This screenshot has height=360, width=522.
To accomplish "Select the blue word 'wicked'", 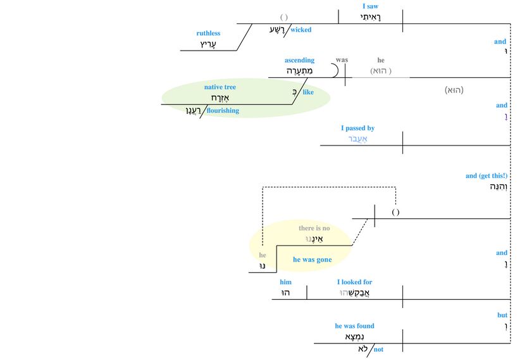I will [x=301, y=30].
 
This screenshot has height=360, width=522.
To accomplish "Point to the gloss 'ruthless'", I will [x=208, y=33].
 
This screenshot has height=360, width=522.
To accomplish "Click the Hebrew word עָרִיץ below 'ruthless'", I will [x=208, y=44].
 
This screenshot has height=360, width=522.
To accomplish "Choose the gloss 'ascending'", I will [x=299, y=60].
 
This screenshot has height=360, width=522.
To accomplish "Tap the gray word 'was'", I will [x=342, y=60].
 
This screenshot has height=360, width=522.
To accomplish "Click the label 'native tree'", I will [x=220, y=87].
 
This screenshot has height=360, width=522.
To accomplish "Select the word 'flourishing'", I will [x=223, y=111].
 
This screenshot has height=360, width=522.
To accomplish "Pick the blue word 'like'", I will [x=308, y=92].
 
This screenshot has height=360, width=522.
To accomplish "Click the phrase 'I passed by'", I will [x=357, y=128].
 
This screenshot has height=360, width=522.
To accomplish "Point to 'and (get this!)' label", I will [x=486, y=176].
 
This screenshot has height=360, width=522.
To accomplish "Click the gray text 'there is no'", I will [x=314, y=228].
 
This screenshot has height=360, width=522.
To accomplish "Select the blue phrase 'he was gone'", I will [x=312, y=259].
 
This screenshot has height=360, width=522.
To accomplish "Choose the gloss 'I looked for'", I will [x=354, y=282].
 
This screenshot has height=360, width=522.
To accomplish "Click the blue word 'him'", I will [x=285, y=282].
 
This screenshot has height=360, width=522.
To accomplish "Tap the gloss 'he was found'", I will [x=354, y=326].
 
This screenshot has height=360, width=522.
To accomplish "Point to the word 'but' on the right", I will [x=502, y=314].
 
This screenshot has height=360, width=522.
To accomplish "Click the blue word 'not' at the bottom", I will [x=378, y=349].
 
